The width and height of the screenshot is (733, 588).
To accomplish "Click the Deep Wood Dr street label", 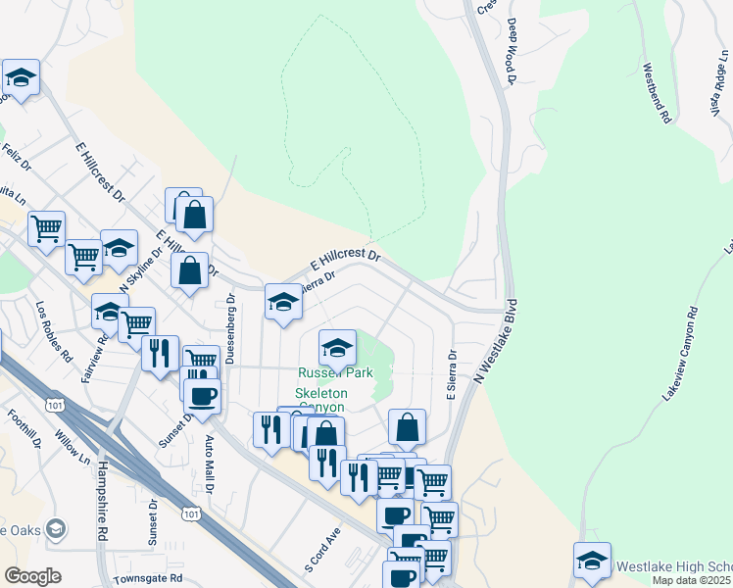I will point(511,50).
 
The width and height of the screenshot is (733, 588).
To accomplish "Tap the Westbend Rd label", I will point(657,93).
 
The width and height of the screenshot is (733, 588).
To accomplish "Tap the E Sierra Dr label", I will point(452,375).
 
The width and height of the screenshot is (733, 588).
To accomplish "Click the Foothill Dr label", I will point(22,427).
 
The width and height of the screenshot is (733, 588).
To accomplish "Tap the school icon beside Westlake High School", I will point(592,560).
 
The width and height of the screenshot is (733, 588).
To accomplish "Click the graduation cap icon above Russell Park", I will point(337,346).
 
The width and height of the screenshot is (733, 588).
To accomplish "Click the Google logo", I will point(32,576).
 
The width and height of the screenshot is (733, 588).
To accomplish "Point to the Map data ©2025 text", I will point(691,580).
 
